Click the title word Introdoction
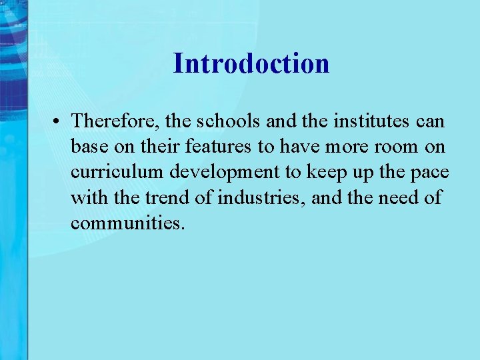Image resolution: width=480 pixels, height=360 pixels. pos(251,64)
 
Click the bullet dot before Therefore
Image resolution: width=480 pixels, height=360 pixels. pos(59,121)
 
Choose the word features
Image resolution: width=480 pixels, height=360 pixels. pos(225,147)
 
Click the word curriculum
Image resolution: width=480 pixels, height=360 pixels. pos(117,172)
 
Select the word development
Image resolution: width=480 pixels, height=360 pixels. pos(226,173)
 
